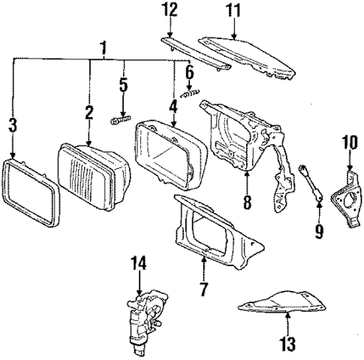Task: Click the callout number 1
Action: click(103, 49)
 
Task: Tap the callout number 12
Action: click(171, 10)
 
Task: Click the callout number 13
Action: click(289, 345)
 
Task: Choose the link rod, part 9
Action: click(311, 184)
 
